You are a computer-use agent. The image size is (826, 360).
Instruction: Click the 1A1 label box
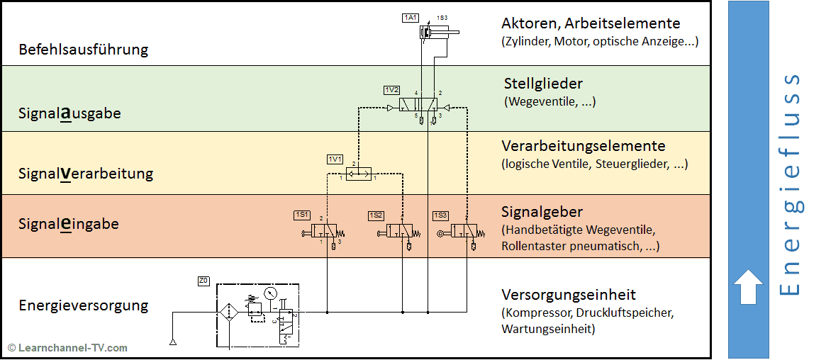click(411, 17)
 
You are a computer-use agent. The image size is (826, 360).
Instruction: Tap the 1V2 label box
click(391, 90)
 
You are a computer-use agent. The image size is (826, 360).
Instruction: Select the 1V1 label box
click(335, 158)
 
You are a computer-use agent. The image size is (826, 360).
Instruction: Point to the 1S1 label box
click(302, 215)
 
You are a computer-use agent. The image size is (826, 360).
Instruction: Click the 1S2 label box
click(376, 215)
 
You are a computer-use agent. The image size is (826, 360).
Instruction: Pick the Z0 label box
click(203, 281)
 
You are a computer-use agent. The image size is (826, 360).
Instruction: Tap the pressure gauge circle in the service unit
click(269, 293)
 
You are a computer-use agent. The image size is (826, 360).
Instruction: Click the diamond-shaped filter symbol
click(229, 312)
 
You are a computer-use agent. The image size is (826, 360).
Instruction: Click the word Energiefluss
click(788, 184)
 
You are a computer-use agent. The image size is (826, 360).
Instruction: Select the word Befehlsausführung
click(84, 50)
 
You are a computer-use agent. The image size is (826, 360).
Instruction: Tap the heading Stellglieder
click(543, 84)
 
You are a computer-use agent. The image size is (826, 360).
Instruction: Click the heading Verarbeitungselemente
click(584, 146)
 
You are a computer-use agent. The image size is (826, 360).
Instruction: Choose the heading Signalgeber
click(542, 212)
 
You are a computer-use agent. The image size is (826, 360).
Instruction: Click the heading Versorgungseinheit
click(569, 294)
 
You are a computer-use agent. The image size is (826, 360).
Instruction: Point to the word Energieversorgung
click(84, 305)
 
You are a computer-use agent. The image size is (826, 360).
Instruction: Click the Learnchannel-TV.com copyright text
click(68, 347)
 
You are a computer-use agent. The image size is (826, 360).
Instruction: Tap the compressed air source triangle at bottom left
click(173, 343)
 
